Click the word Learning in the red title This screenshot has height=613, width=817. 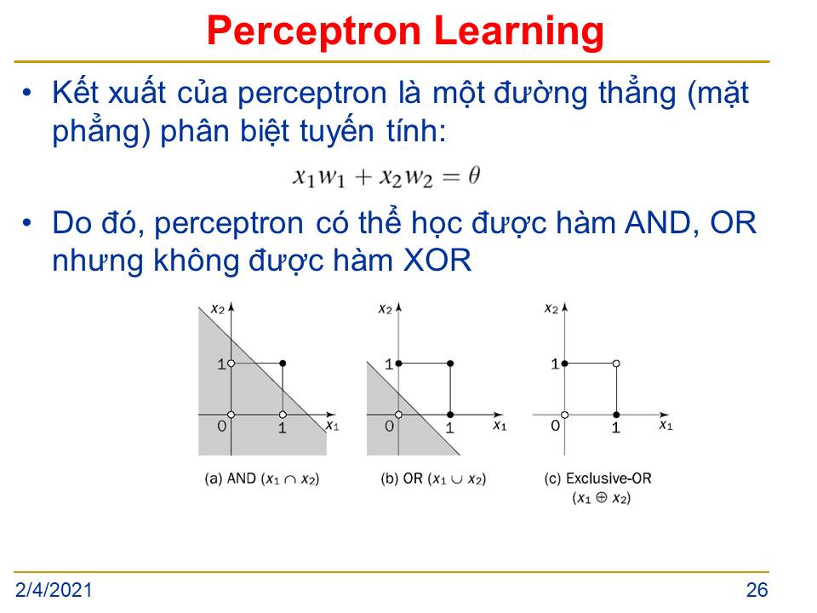pyautogui.click(x=518, y=32)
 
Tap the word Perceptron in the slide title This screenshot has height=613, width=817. pyautogui.click(x=314, y=32)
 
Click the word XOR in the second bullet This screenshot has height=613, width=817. pyautogui.click(x=437, y=261)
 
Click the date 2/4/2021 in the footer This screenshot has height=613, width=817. pyautogui.click(x=54, y=590)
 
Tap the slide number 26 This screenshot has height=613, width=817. pyautogui.click(x=757, y=590)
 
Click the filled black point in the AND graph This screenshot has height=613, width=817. pyautogui.click(x=283, y=364)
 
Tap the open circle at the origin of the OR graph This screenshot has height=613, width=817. pyautogui.click(x=398, y=415)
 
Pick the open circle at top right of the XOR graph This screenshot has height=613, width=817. pyautogui.click(x=616, y=364)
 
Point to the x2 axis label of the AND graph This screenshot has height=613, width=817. pyautogui.click(x=217, y=309)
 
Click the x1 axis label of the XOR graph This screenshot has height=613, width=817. pyautogui.click(x=666, y=426)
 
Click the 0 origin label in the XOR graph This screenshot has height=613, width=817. pyautogui.click(x=556, y=426)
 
